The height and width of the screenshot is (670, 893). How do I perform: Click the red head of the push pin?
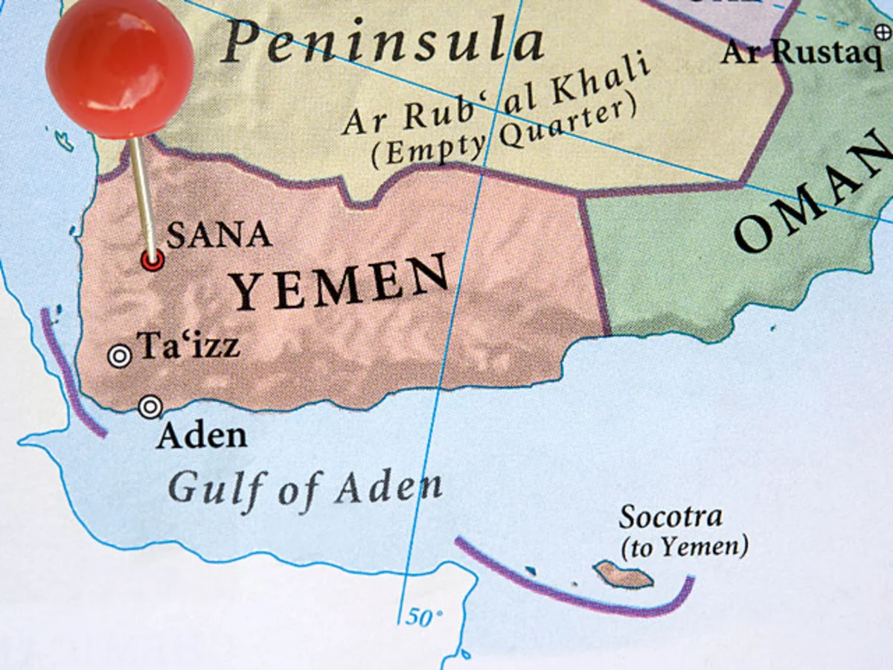click(119, 67)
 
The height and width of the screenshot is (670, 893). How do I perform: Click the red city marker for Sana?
click(153, 260)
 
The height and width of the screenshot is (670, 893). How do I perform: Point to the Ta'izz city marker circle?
click(119, 357)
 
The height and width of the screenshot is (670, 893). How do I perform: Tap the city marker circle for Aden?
click(150, 406)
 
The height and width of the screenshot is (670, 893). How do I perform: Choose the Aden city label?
click(201, 435)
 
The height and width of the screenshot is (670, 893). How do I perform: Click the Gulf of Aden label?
click(304, 488)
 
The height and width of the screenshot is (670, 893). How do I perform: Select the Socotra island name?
click(670, 517)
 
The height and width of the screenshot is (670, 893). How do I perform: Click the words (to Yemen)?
click(684, 548)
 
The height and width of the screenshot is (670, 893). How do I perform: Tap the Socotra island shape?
click(624, 574)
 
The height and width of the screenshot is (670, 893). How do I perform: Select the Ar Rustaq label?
click(801, 53)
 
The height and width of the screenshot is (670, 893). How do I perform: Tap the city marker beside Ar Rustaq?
click(883, 31)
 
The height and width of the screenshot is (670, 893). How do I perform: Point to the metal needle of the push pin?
click(143, 194)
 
